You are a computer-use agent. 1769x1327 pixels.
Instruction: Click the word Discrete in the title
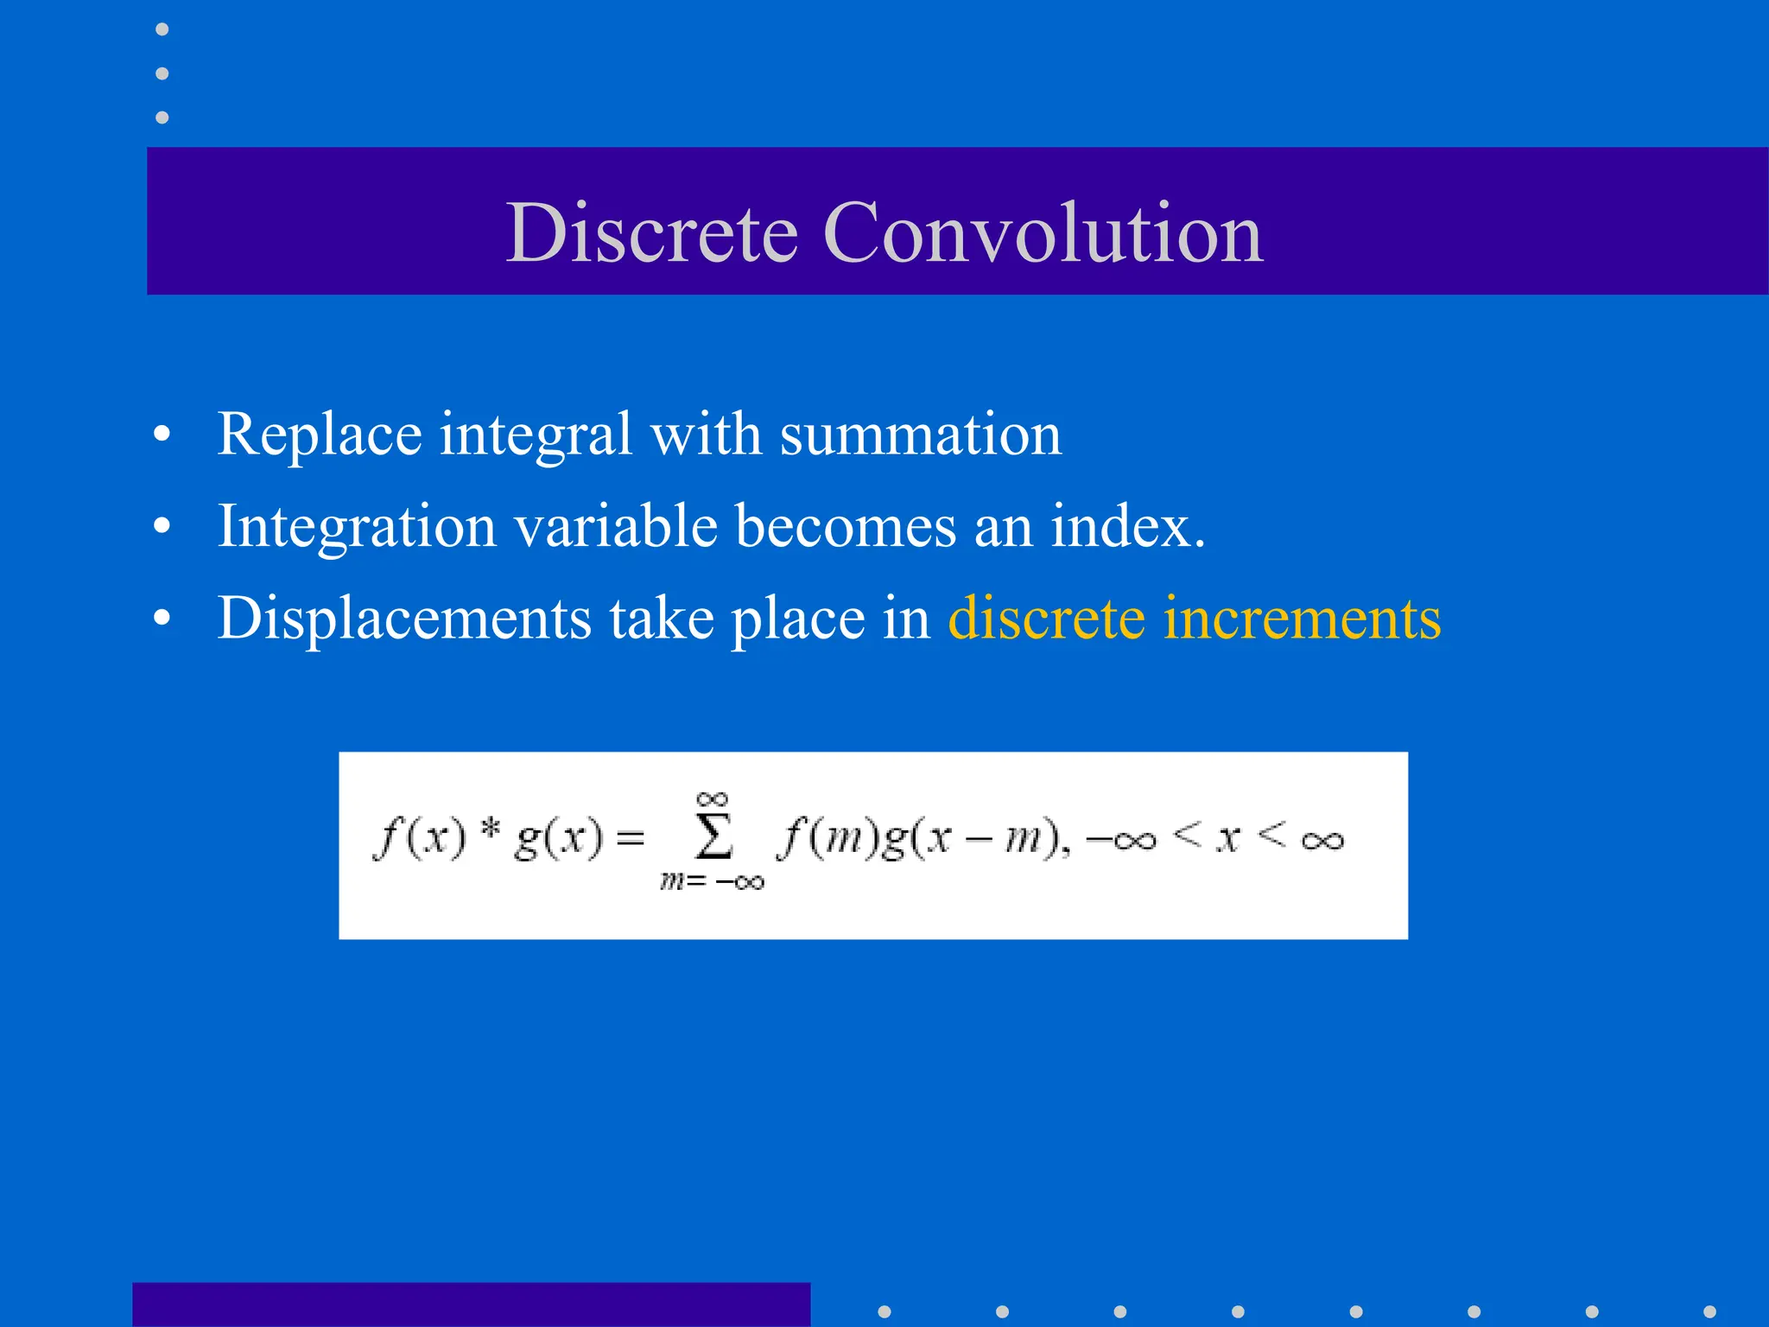click(x=652, y=232)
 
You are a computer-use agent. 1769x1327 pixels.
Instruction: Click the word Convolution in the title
click(x=1043, y=232)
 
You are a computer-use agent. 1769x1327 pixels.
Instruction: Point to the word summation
click(x=920, y=435)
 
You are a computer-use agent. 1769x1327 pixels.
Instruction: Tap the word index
click(x=1127, y=525)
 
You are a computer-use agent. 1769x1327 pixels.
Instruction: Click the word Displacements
click(x=404, y=619)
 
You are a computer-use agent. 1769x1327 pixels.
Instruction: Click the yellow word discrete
click(x=1046, y=619)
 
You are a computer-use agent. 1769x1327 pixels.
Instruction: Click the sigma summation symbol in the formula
click(x=714, y=836)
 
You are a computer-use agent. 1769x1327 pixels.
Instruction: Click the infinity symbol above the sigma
click(x=713, y=799)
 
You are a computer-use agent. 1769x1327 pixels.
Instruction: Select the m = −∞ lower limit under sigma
click(x=713, y=882)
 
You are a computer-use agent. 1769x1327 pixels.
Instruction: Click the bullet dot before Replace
click(x=162, y=435)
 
